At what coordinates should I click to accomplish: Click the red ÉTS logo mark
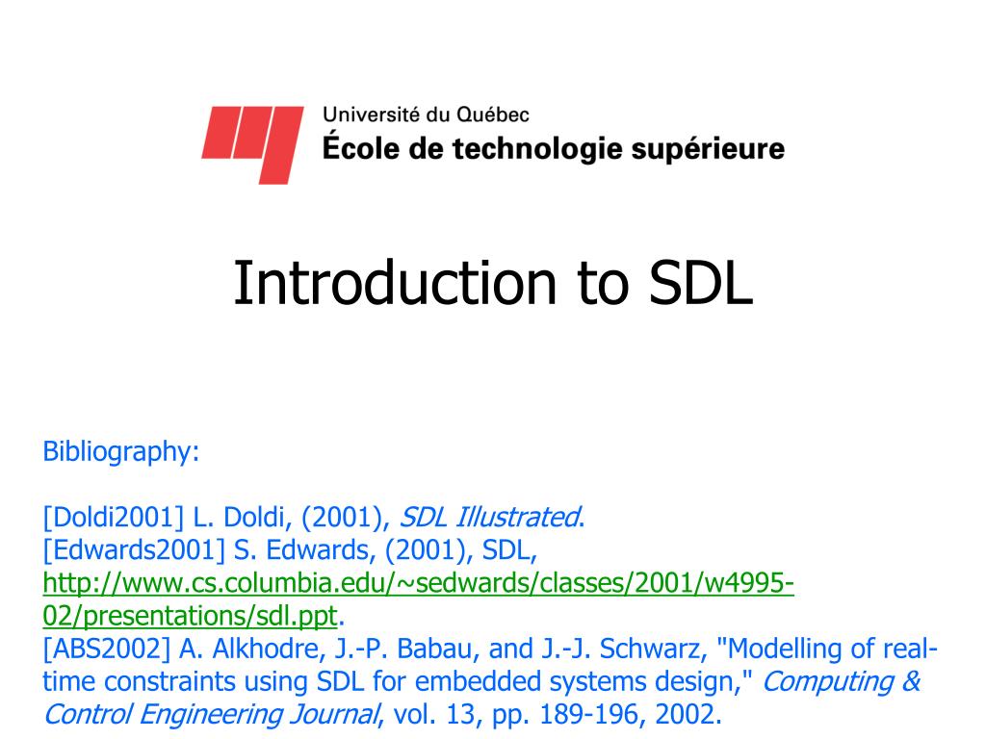pos(253,144)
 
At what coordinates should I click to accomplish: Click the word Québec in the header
pos(492,115)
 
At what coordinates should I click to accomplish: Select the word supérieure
pos(708,149)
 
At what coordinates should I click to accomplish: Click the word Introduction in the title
pos(395,283)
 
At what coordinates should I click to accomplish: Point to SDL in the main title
pos(701,283)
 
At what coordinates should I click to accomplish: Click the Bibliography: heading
pos(120,452)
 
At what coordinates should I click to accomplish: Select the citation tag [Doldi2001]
pos(114,517)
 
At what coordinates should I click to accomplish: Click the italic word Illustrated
pos(517,517)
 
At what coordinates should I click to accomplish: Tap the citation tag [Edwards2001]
pos(134,549)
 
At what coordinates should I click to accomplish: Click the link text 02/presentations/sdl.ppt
pos(190,616)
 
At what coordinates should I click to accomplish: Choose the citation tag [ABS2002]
pos(107,649)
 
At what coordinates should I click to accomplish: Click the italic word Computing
pos(827,682)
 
